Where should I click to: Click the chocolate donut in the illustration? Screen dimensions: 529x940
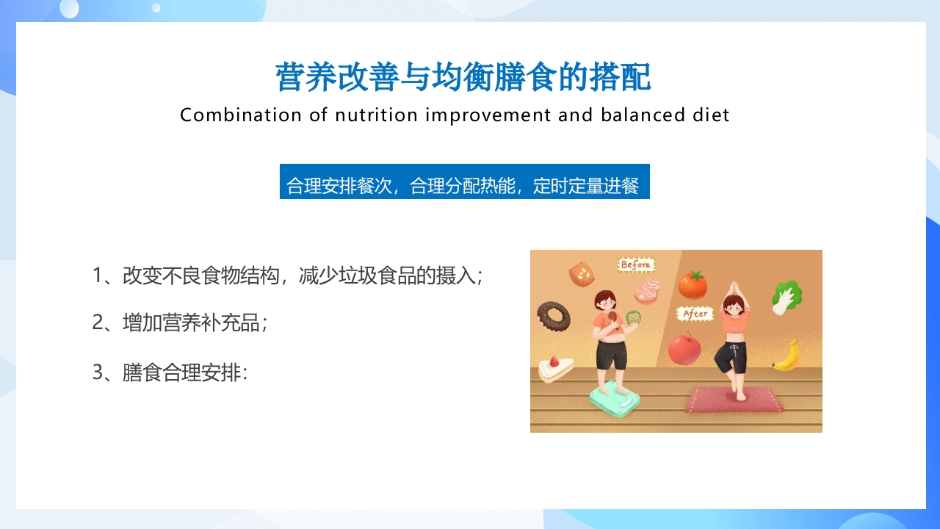554,316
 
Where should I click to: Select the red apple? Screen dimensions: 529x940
684,348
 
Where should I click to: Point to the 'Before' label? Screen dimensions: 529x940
636,264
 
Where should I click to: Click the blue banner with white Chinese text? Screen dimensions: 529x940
464,181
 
